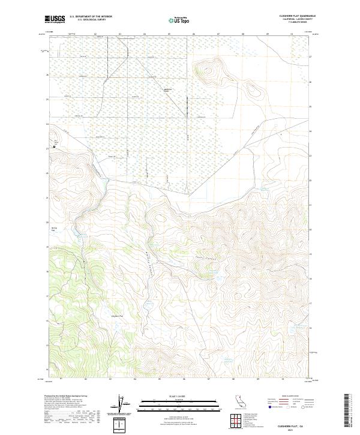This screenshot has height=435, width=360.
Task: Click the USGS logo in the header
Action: click(x=55, y=19)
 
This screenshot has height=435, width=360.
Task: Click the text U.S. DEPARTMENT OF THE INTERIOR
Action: click(x=91, y=17)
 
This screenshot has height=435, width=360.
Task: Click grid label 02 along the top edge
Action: click(x=95, y=34)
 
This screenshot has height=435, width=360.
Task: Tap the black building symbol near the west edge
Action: click(x=53, y=145)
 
